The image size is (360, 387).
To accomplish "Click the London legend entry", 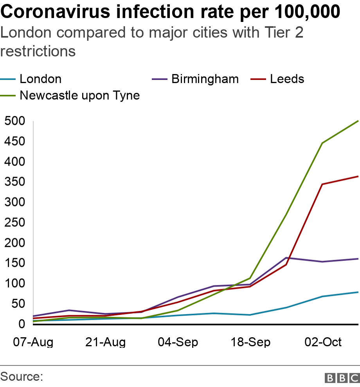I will (x=40, y=79).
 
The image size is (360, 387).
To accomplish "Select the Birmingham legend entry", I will (x=205, y=79).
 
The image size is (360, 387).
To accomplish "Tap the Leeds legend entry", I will (x=287, y=79).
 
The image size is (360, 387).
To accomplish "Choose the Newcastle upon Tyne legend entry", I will (x=79, y=95).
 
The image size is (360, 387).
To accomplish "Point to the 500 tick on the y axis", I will (x=15, y=121).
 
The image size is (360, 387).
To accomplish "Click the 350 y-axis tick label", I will (x=15, y=182).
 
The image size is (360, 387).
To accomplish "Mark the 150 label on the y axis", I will (x=15, y=263).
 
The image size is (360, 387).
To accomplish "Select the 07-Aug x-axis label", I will (x=33, y=342).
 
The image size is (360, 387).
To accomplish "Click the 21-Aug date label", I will (x=105, y=342).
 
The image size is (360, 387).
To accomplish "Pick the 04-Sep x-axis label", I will (x=178, y=342).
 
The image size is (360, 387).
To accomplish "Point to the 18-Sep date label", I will (x=250, y=342).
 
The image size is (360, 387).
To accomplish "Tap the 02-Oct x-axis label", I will (x=323, y=342).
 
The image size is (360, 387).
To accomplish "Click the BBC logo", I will (x=342, y=378).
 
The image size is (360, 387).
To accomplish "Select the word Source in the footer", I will (x=22, y=377).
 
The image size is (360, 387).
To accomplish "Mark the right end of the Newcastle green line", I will (x=358, y=121).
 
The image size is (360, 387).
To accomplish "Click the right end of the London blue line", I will (x=358, y=292).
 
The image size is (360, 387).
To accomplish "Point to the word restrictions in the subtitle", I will (x=38, y=51).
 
